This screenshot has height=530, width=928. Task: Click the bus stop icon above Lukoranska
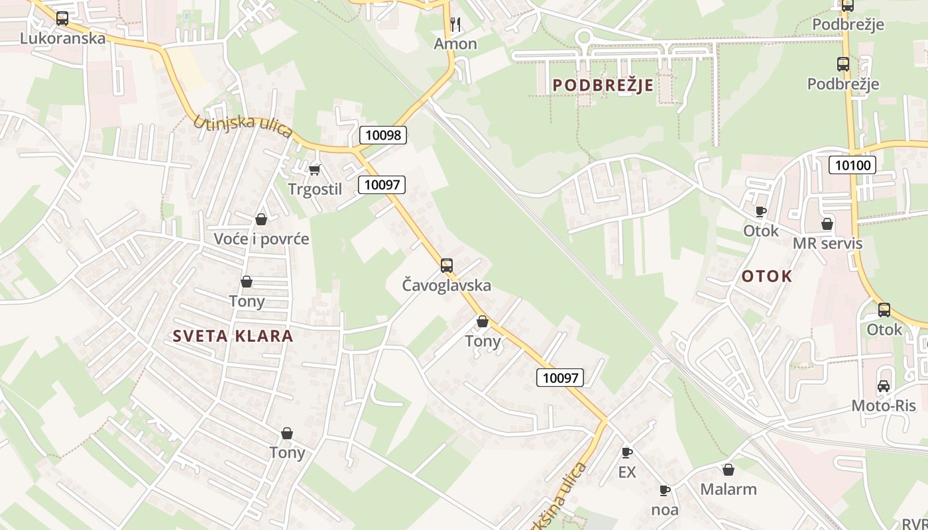62,19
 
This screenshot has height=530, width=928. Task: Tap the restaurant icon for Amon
455,25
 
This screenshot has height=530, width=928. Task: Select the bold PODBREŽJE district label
603,85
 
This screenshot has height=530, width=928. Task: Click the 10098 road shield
383,135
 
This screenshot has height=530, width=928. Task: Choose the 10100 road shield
852,165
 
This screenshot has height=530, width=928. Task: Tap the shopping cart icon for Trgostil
315,170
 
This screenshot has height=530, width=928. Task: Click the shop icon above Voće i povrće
261,219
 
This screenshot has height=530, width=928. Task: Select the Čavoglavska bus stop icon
447,266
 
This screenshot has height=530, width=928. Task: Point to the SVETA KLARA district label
233,336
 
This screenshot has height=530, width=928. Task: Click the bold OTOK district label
766,276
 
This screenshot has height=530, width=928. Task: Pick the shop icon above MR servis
827,224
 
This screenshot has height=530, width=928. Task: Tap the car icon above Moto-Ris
884,386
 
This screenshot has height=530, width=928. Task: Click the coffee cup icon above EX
626,453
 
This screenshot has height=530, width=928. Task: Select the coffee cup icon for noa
665,491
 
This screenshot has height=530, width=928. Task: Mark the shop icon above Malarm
728,470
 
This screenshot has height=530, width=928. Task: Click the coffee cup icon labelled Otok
760,211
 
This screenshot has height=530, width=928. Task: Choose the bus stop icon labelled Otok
884,309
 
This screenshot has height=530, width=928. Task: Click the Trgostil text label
315,189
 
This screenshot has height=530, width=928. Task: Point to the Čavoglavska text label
447,286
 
